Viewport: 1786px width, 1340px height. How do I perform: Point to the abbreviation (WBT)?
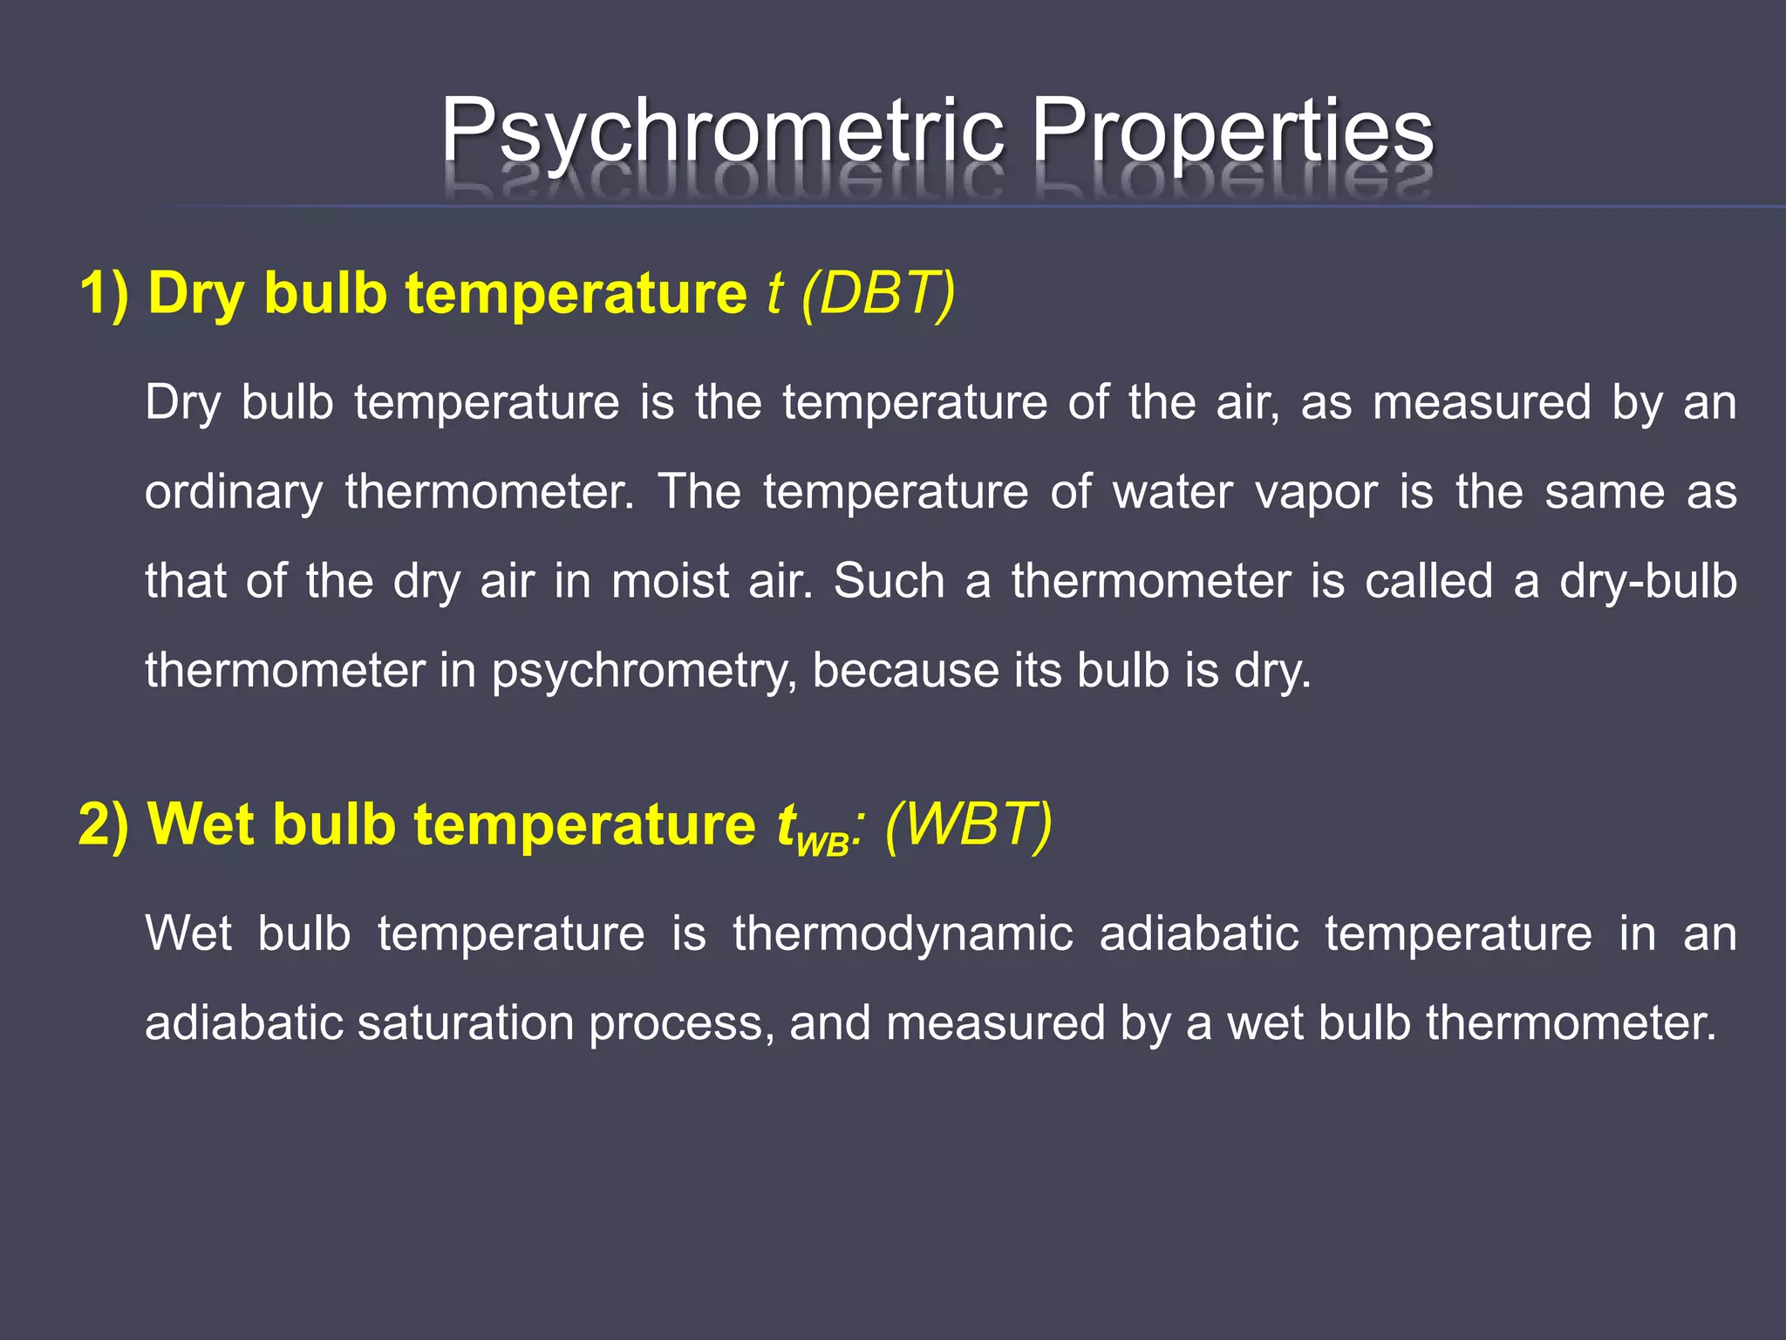(x=968, y=824)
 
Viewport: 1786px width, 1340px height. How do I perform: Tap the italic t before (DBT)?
(x=774, y=293)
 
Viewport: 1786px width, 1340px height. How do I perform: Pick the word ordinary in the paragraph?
(x=234, y=493)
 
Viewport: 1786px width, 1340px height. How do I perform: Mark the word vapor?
(x=1317, y=493)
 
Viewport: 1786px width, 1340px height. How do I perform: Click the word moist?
(x=670, y=581)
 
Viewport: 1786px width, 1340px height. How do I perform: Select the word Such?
(x=889, y=581)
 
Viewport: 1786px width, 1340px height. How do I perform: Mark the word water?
(x=1172, y=493)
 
